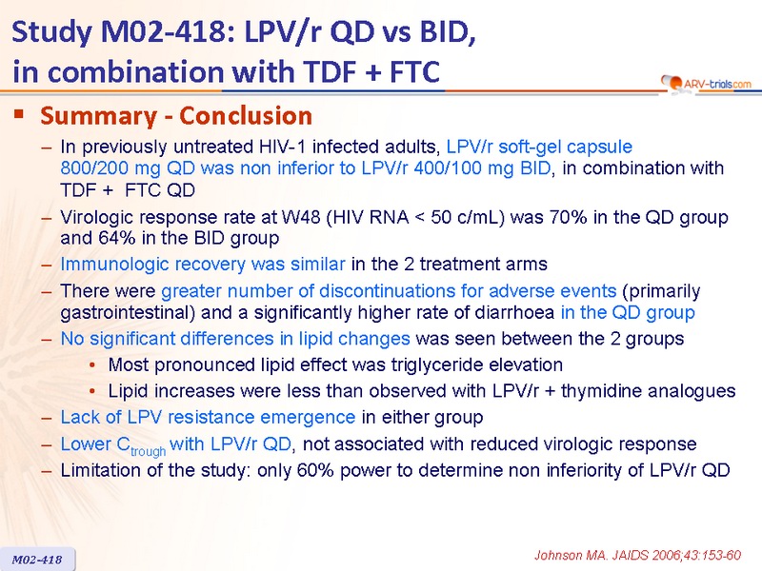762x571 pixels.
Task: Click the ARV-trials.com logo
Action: (706, 84)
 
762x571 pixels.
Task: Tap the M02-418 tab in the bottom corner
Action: (37, 559)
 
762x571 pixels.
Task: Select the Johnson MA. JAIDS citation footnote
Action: (637, 555)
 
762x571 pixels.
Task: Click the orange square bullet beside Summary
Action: (19, 114)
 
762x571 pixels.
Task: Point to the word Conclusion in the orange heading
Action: (246, 115)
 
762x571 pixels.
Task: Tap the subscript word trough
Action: (149, 451)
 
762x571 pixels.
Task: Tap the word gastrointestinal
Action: (128, 313)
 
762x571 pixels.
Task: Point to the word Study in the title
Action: (51, 33)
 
